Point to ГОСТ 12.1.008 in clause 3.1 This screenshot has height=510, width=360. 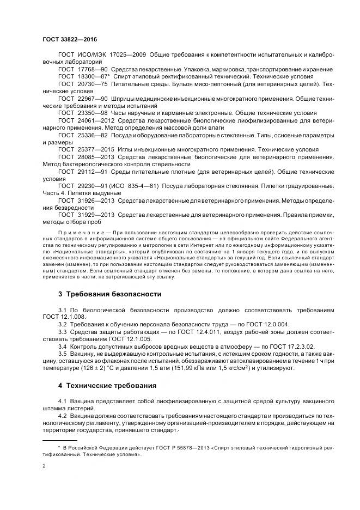(65, 316)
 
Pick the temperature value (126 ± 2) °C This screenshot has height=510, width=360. (99, 368)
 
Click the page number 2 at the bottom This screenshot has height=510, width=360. (44, 466)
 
